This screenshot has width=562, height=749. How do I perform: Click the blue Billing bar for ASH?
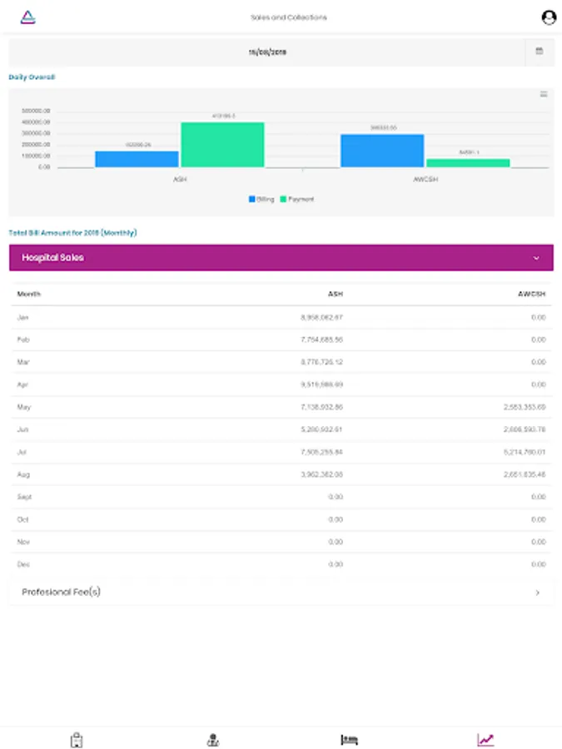[137, 159]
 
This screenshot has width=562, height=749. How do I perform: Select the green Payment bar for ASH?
[222, 145]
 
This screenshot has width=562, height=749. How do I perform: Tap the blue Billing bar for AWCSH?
[382, 151]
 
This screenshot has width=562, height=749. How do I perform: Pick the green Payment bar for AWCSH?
[467, 163]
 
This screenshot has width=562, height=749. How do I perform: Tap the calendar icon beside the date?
[540, 52]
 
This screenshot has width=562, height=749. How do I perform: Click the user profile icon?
[548, 17]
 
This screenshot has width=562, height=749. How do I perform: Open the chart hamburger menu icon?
[544, 94]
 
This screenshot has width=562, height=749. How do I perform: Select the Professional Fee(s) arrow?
[538, 593]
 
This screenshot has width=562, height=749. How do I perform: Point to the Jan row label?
[23, 317]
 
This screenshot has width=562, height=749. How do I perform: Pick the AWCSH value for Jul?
[525, 452]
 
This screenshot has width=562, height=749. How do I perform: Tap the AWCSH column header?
[530, 294]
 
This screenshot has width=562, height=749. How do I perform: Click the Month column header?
[28, 294]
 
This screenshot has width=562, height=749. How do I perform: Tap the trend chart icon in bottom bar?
[485, 739]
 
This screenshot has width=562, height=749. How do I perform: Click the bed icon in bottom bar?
[350, 739]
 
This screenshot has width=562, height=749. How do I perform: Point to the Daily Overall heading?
[32, 77]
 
